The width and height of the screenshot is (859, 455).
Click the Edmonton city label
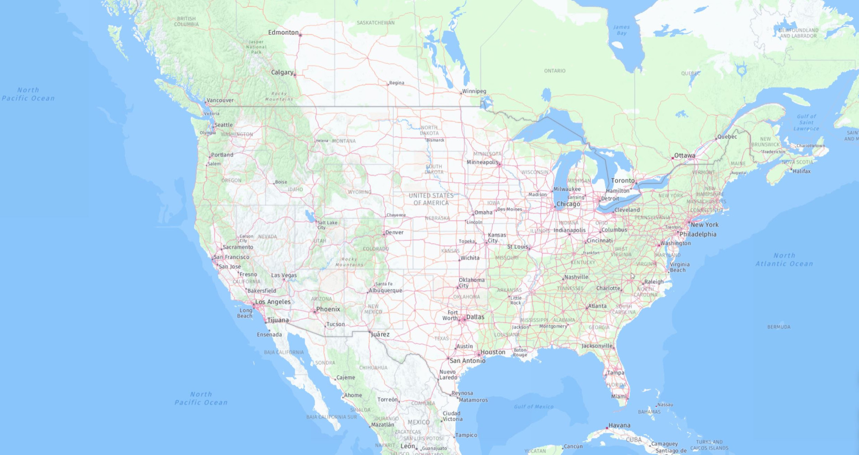click(283, 33)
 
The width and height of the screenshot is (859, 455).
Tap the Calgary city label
click(282, 72)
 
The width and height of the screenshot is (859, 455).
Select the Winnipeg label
click(474, 91)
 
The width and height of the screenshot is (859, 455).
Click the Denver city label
click(394, 232)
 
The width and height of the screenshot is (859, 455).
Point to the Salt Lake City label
click(327, 225)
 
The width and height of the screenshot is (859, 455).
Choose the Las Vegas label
click(284, 275)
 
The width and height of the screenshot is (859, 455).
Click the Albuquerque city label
click(385, 290)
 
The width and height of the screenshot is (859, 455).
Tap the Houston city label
click(493, 352)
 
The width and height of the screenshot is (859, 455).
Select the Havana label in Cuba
click(619, 425)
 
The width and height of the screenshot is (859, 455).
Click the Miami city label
click(618, 397)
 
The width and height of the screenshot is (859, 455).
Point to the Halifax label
click(802, 171)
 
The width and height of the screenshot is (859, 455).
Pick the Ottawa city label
click(684, 156)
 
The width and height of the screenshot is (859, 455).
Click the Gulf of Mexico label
click(533, 407)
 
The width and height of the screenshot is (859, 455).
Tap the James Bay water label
click(622, 30)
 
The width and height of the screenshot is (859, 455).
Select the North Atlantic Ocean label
click(784, 260)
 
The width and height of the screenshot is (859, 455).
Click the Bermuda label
click(779, 327)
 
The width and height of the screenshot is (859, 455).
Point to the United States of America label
click(431, 199)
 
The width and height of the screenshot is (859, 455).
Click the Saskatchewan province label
click(375, 23)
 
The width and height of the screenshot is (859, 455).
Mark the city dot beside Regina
click(388, 84)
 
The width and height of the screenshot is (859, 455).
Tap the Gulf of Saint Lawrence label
click(806, 123)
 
